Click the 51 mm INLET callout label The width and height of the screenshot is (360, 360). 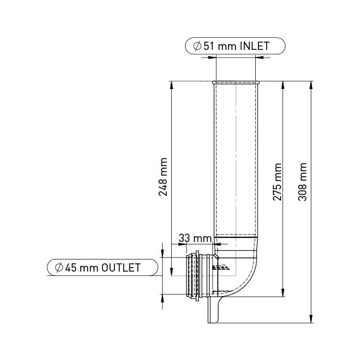(x=235, y=46)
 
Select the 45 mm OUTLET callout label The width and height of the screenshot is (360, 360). (x=102, y=267)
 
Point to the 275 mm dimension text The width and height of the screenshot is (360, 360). (x=277, y=182)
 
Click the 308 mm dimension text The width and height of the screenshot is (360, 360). (x=303, y=182)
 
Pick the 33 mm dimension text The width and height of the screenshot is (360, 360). (x=194, y=237)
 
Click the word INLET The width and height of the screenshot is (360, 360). (x=255, y=46)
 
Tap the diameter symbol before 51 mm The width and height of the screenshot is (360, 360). (x=197, y=46)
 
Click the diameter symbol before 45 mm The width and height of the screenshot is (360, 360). (x=59, y=267)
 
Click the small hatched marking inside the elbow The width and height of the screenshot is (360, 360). (x=219, y=268)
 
